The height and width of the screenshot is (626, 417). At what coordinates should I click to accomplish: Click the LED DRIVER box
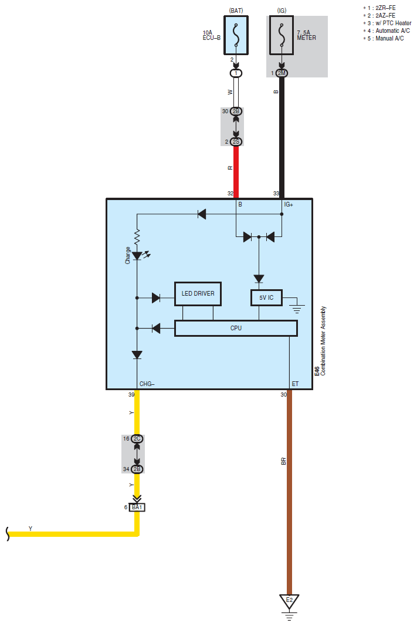tap(198, 294)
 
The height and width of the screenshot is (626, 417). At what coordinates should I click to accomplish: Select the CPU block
tap(236, 328)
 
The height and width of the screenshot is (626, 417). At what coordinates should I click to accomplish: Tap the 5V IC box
tap(266, 298)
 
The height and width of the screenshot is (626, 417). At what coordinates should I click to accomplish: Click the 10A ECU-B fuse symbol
tap(236, 35)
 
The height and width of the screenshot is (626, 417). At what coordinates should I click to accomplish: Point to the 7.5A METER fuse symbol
tap(282, 35)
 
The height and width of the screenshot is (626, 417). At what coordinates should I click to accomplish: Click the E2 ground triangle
tap(289, 601)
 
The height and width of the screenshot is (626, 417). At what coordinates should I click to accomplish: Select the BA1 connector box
tap(137, 507)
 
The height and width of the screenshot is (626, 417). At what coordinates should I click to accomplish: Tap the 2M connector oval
tap(282, 73)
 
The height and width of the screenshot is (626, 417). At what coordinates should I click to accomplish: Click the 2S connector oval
tap(236, 142)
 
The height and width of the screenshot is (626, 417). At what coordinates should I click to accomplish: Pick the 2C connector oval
tap(137, 439)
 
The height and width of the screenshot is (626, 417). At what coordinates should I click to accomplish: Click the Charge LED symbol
tap(137, 256)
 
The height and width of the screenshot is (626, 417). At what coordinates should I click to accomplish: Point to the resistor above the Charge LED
tap(137, 237)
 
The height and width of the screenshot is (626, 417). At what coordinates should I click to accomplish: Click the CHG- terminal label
tap(147, 384)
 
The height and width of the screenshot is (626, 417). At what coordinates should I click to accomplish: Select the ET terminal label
tap(295, 384)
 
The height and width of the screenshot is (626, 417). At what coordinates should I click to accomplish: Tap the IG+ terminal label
tap(289, 204)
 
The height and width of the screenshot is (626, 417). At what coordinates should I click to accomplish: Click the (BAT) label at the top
tap(236, 11)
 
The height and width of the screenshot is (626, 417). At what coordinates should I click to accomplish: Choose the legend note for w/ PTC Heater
tap(387, 23)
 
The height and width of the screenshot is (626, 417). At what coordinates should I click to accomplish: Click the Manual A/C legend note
tap(384, 38)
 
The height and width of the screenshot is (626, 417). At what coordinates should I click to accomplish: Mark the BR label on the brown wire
tap(284, 461)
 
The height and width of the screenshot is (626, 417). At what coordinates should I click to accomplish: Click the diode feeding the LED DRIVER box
tap(156, 298)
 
